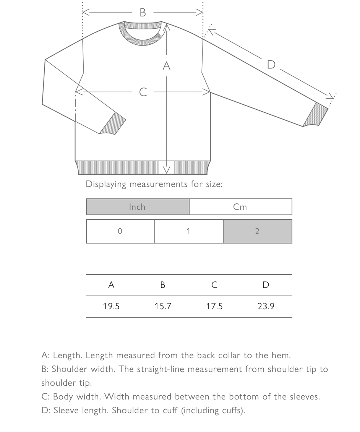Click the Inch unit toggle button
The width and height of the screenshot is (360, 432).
coord(138,207)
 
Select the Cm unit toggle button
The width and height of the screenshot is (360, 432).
coord(240,207)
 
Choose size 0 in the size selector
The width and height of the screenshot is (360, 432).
coord(120,231)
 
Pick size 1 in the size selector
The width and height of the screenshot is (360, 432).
coord(189,231)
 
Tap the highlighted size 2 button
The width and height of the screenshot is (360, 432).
coord(257,231)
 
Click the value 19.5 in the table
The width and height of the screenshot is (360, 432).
coord(111,306)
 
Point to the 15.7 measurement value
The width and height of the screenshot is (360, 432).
coord(163,306)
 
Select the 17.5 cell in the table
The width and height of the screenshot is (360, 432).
coord(214,306)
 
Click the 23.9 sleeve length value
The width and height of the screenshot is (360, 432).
coord(266,306)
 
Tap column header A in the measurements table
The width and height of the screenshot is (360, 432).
coord(111,285)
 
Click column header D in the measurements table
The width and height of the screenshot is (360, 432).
coord(266,285)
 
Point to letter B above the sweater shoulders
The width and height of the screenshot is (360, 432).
coord(143,13)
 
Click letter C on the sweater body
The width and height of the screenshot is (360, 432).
coord(143,92)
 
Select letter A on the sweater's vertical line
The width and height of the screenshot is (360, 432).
coord(166,66)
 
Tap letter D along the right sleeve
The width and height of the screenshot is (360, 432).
coord(271,65)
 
